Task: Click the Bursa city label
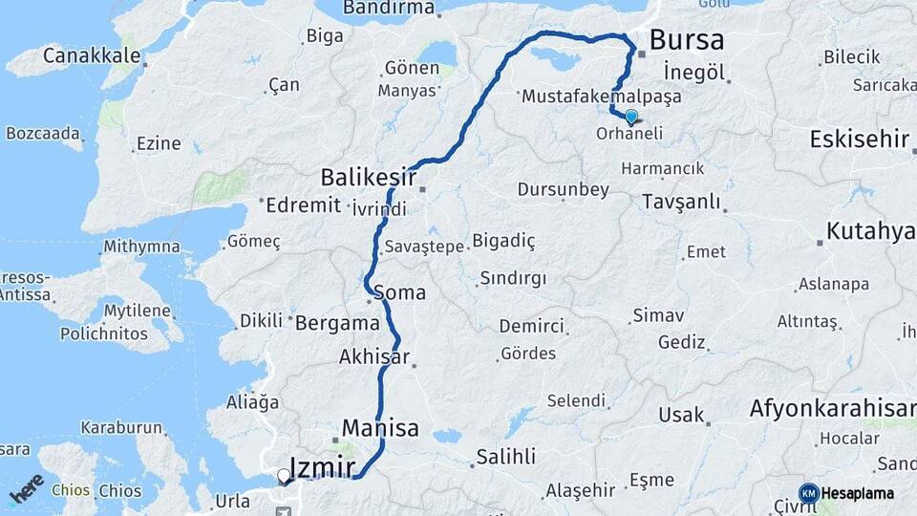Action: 686,40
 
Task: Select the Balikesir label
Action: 368,177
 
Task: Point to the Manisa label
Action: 380,427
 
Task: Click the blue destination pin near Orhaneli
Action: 630,117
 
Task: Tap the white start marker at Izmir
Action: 283,475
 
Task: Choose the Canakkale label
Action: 92,55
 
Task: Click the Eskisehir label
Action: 859,139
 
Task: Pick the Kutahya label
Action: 870,231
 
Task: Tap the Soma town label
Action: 400,292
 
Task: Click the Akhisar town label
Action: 373,357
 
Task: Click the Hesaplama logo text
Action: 857,493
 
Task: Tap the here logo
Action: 27,488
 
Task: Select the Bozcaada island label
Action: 44,133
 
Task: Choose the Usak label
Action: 681,416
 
